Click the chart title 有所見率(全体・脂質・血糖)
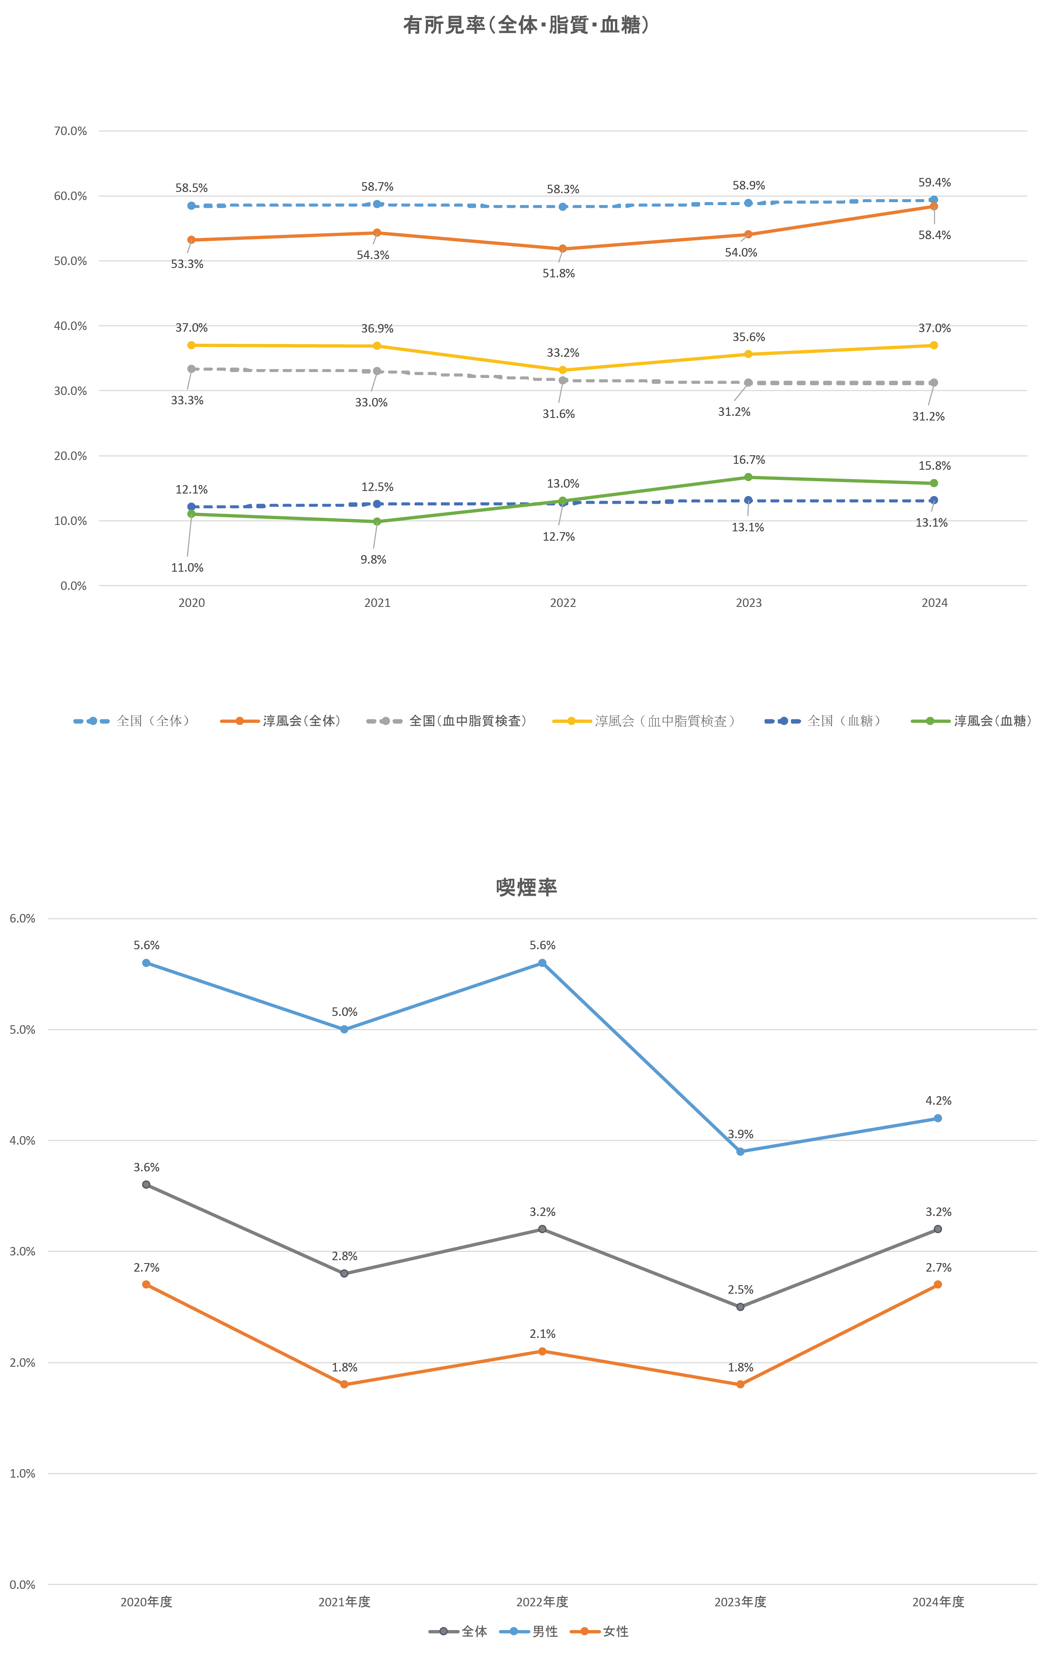pyautogui.click(x=527, y=25)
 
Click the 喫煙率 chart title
pyautogui.click(x=527, y=888)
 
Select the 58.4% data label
pyautogui.click(x=934, y=235)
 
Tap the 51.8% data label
pyautogui.click(x=559, y=273)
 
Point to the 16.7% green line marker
pyautogui.click(x=748, y=477)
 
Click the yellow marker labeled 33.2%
pyautogui.click(x=563, y=370)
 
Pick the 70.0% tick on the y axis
pyautogui.click(x=71, y=131)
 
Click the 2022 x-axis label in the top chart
pyautogui.click(x=563, y=603)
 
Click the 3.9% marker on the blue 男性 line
pyautogui.click(x=740, y=1151)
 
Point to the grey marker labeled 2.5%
pyautogui.click(x=740, y=1306)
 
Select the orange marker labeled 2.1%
pyautogui.click(x=542, y=1351)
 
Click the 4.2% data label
pyautogui.click(x=938, y=1100)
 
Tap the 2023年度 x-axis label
pyautogui.click(x=740, y=1602)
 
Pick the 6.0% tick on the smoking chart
pyautogui.click(x=23, y=919)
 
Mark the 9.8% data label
pyautogui.click(x=373, y=559)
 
